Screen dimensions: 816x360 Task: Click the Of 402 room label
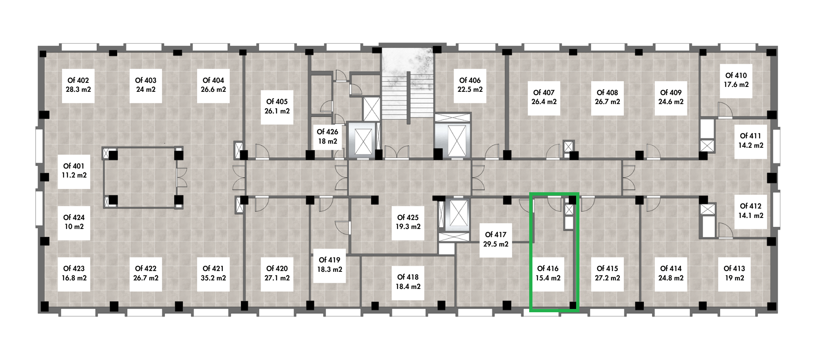point(78,80)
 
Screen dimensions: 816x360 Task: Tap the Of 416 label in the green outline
point(548,269)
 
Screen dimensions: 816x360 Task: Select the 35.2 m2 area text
point(213,278)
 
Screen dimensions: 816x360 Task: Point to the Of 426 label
point(327,132)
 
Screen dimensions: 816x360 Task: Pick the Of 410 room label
point(736,76)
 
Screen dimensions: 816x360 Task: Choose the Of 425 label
point(408,218)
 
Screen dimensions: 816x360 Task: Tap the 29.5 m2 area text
point(496,244)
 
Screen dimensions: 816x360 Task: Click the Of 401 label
point(74,166)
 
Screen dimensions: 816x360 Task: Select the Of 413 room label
point(734,269)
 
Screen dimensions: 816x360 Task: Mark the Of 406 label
point(470,80)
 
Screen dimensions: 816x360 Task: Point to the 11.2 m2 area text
point(74,176)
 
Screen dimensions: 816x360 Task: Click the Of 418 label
point(408,277)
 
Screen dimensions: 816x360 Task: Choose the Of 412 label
point(751,206)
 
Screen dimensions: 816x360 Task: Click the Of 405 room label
point(277,102)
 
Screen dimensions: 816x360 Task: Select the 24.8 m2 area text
point(671,278)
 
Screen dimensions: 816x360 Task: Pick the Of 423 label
point(74,269)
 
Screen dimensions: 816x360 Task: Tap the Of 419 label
point(330,260)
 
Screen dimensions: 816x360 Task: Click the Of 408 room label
point(607,93)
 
